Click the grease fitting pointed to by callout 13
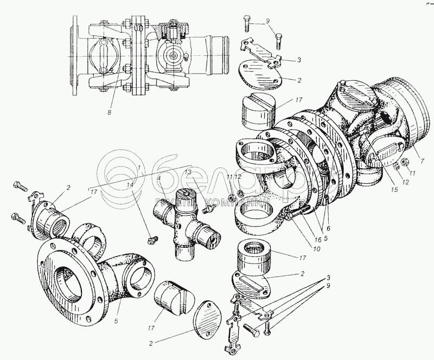pyautogui.click(x=207, y=209)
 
